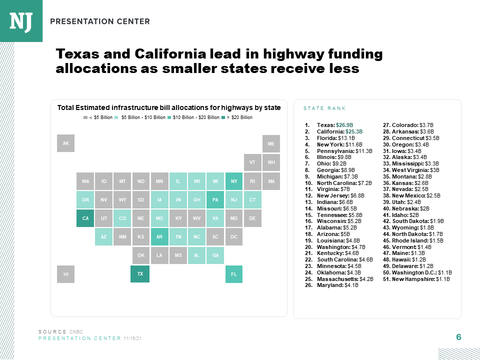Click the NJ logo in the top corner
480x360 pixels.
[21, 21]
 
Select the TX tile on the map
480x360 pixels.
[140, 274]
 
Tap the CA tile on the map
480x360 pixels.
[85, 218]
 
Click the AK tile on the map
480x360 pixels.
[65, 143]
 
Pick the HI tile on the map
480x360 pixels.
[65, 274]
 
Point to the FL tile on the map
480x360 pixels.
[233, 274]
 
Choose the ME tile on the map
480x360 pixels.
[271, 143]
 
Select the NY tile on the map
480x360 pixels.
[233, 181]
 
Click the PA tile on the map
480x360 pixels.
[215, 200]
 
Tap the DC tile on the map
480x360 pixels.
[233, 237]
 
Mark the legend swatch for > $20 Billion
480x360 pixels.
[223, 117]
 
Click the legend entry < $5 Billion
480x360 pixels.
[98, 117]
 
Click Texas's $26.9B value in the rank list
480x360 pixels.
[344, 125]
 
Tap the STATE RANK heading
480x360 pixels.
[324, 108]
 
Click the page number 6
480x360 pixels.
[458, 337]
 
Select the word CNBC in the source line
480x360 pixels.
[76, 331]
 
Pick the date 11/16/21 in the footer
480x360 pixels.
[132, 338]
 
